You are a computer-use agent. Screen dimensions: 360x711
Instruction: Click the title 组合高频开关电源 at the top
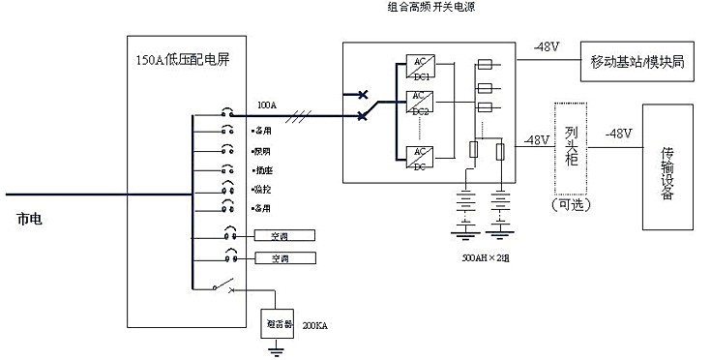click(x=430, y=7)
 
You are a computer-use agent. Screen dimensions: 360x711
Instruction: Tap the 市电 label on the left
click(x=30, y=220)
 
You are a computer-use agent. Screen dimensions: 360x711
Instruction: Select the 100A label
click(x=267, y=104)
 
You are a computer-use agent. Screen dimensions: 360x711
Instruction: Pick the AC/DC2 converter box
click(x=420, y=101)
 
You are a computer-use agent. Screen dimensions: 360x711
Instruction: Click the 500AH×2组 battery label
click(x=488, y=260)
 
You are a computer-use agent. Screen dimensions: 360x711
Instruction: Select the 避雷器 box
click(x=279, y=323)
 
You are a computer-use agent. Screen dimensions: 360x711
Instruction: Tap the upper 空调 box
click(x=280, y=235)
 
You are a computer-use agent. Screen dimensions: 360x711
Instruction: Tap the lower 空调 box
click(x=280, y=258)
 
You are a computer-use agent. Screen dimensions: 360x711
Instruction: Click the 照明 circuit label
click(x=261, y=151)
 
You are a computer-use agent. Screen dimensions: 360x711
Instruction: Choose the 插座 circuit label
click(x=261, y=169)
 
